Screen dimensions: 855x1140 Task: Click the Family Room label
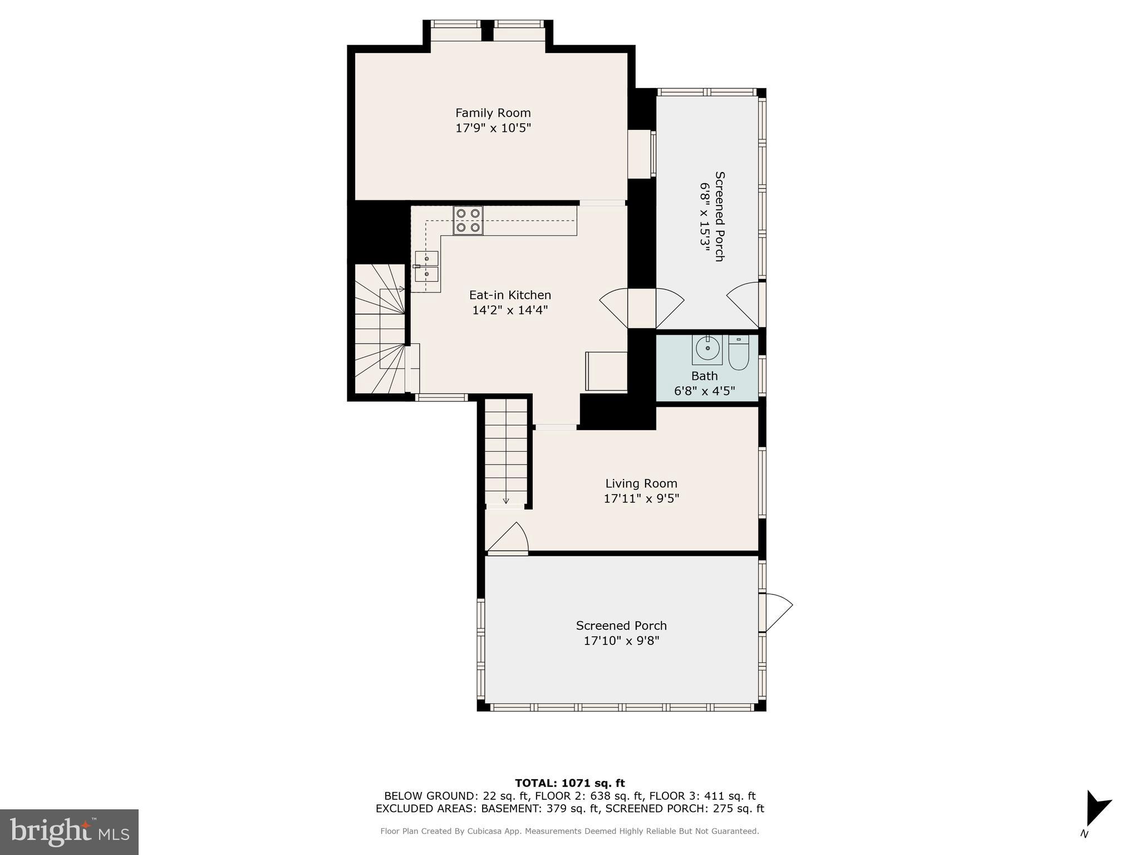(493, 113)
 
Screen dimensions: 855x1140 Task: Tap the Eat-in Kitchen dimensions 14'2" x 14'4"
(510, 310)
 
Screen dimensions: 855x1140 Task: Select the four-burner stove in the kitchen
(468, 220)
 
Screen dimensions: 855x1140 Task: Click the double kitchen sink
(427, 266)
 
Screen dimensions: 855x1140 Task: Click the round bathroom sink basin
(707, 349)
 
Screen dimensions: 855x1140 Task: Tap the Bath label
(704, 376)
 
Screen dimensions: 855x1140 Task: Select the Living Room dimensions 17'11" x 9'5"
(641, 499)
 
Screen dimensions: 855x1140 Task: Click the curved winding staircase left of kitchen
(380, 329)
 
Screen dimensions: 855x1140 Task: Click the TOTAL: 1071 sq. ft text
(569, 783)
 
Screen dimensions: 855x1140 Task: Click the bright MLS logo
(69, 832)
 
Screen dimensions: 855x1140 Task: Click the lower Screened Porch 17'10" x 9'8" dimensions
(621, 641)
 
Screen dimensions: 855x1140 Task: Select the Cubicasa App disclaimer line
(569, 831)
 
